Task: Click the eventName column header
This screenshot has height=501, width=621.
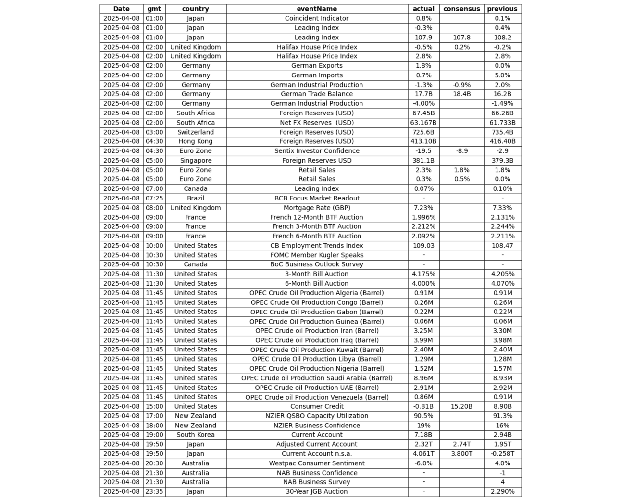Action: tap(317, 9)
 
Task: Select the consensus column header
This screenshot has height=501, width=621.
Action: tap(461, 9)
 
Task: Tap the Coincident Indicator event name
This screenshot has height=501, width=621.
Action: tap(317, 18)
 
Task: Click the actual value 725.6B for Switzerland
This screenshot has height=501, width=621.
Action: tap(423, 132)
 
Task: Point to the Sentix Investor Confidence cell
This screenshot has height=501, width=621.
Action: tap(317, 151)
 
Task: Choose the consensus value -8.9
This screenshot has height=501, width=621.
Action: tap(461, 151)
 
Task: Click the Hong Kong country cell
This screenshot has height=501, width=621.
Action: tap(196, 141)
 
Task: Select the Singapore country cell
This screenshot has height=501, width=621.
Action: tap(196, 161)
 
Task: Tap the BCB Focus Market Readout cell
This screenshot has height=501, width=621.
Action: tap(317, 198)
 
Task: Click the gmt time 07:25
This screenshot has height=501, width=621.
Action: tap(154, 198)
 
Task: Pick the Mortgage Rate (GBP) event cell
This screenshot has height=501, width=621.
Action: tap(317, 208)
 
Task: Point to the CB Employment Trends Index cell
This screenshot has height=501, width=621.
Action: tap(317, 246)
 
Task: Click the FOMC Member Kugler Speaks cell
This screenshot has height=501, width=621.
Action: tap(317, 255)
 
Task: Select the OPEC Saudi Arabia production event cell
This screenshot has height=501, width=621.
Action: tap(317, 378)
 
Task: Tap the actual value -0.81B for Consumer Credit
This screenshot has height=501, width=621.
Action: tap(423, 406)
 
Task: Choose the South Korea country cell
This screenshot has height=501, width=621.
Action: tap(196, 435)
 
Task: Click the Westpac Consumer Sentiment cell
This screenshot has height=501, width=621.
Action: tap(317, 463)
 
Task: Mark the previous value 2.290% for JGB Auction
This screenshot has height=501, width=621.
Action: tap(502, 491)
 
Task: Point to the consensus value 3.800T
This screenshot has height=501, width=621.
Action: tap(461, 454)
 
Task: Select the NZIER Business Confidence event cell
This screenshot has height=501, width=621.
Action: tap(317, 426)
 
